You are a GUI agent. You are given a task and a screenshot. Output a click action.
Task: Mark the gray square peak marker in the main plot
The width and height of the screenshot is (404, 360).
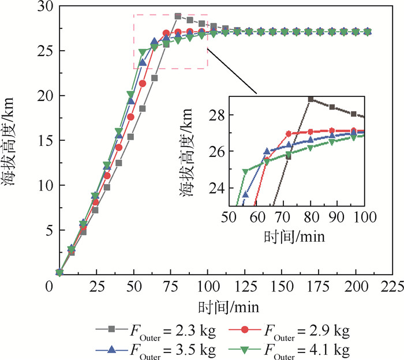click(178, 16)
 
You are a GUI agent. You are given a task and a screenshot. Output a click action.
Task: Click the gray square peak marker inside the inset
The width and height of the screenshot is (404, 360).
click(311, 99)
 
